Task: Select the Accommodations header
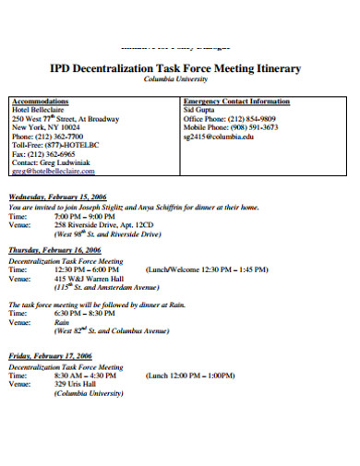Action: click(41, 101)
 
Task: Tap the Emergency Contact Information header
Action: click(236, 101)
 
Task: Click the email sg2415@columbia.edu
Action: click(219, 136)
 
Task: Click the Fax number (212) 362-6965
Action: click(43, 153)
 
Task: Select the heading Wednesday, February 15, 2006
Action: click(59, 197)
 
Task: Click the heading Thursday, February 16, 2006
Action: click(56, 250)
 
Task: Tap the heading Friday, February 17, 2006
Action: click(51, 355)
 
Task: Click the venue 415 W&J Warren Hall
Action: click(90, 277)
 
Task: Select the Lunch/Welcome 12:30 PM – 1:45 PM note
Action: click(207, 269)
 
